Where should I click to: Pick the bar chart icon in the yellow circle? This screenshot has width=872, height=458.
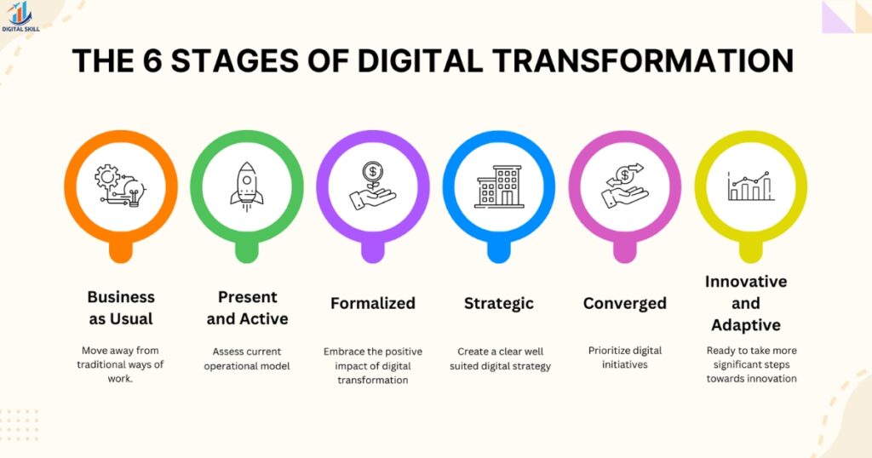(x=750, y=185)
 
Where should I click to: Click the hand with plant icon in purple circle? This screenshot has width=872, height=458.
(x=373, y=185)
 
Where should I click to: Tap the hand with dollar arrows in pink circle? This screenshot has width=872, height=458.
(x=624, y=185)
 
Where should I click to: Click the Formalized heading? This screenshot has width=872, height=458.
(x=373, y=303)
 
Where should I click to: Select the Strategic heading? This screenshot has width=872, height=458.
(x=499, y=303)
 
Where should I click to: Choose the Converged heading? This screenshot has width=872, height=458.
(x=624, y=303)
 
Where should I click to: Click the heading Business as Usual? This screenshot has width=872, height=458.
(x=121, y=308)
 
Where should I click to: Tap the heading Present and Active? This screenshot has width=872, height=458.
(x=247, y=308)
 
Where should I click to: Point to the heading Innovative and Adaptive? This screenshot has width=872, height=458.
(x=746, y=303)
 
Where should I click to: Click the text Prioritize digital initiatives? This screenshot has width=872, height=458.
(x=624, y=357)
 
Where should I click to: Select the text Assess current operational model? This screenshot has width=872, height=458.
(x=247, y=358)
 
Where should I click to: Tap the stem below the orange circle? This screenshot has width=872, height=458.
(x=121, y=249)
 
